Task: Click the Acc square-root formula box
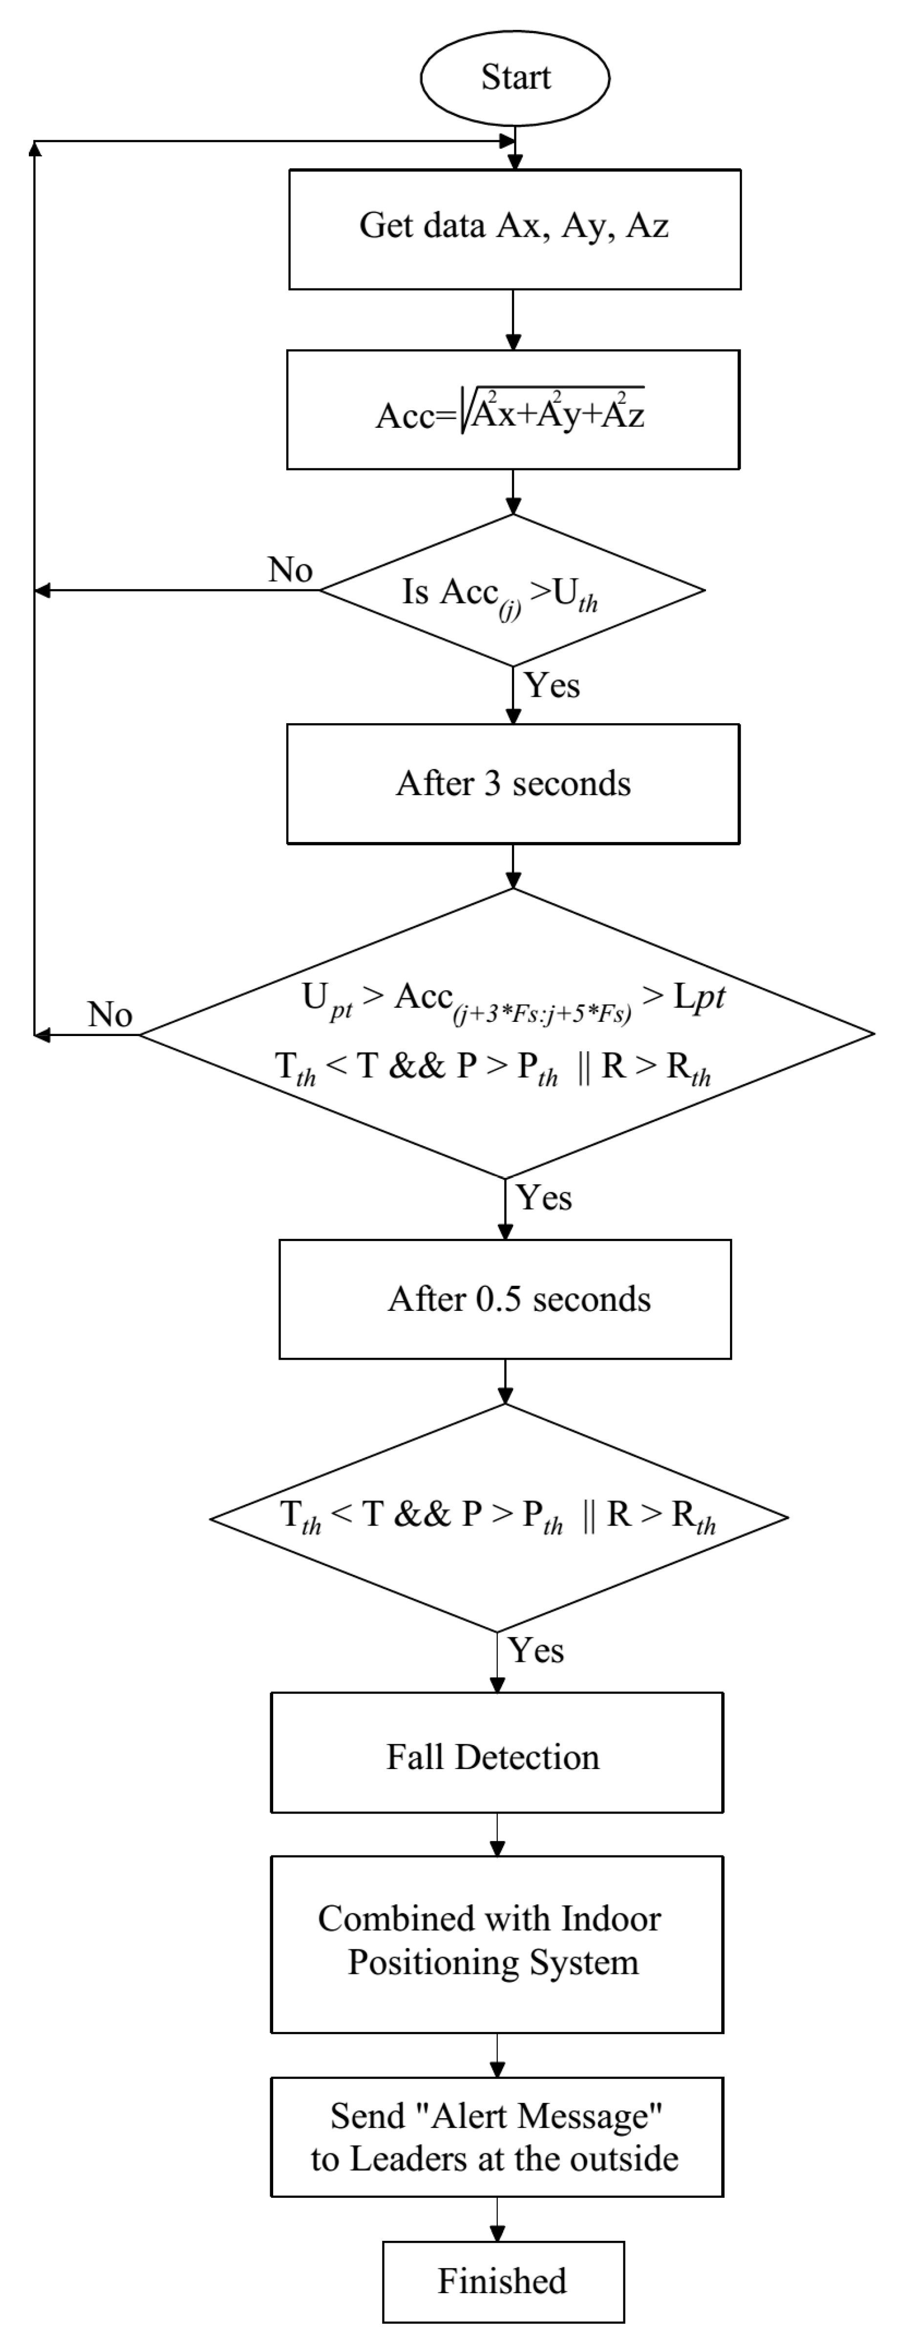tap(513, 410)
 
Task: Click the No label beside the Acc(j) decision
tap(290, 570)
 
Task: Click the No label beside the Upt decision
tap(110, 1014)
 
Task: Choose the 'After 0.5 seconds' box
tap(505, 1299)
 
